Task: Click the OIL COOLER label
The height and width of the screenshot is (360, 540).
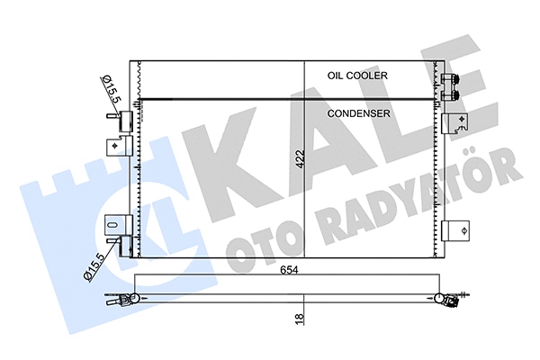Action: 358,76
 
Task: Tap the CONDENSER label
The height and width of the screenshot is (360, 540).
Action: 358,114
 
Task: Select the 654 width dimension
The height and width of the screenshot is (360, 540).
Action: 287,270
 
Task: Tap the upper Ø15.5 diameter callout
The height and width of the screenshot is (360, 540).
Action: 104,87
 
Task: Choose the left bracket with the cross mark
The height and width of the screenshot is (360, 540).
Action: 117,146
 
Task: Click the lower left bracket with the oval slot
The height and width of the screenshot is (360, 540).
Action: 115,227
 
